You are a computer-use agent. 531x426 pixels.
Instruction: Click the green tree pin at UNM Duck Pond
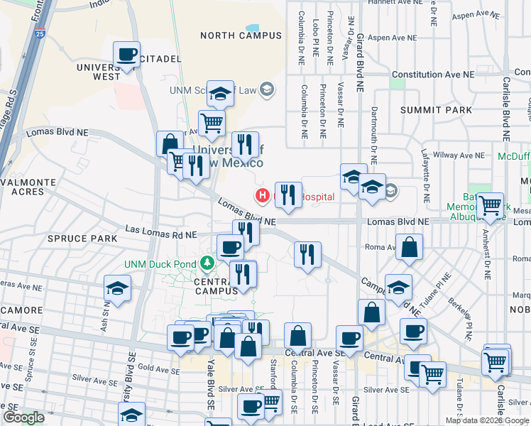[207, 264]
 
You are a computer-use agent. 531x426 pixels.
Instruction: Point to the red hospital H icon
[263, 195]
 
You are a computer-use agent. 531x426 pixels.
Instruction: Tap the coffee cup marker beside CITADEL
[126, 54]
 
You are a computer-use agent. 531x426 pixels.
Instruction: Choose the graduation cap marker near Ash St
[117, 288]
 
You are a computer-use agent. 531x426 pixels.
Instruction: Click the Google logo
[24, 417]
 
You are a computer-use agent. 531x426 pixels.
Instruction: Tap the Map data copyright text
[487, 420]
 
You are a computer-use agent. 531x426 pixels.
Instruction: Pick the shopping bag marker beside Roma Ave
[410, 248]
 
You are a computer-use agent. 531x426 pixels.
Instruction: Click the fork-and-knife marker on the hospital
[288, 194]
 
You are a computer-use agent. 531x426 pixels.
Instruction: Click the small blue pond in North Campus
[252, 30]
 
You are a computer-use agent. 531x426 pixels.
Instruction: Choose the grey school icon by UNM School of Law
[267, 89]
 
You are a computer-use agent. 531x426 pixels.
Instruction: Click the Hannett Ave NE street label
[390, 2]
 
